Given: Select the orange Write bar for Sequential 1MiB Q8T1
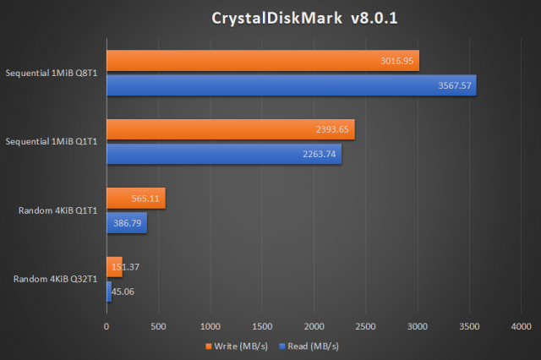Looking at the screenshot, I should click(x=262, y=61).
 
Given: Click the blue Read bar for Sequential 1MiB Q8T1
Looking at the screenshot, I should click(x=291, y=85).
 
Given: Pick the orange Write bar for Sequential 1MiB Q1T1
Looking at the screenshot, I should click(x=230, y=129).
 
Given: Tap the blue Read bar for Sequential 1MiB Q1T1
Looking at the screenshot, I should click(x=224, y=153).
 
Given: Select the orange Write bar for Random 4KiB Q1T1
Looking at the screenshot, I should click(x=135, y=199).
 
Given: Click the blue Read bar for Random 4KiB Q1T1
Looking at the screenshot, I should click(x=127, y=222).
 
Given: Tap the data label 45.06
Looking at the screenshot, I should click(x=123, y=292).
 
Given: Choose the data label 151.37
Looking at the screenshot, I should click(x=124, y=267).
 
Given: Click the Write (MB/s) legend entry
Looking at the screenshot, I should click(x=234, y=346).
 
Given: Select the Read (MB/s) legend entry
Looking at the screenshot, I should click(x=309, y=346).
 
